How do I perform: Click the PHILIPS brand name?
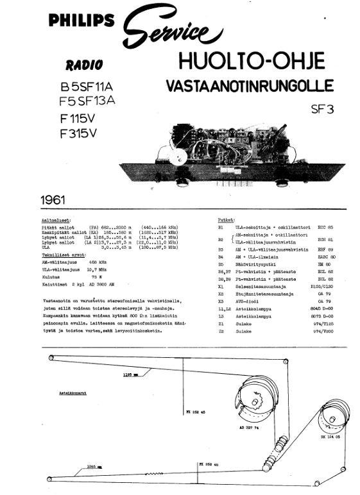pyautogui.click(x=80, y=21)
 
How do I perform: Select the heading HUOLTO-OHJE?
pyautogui.click(x=252, y=62)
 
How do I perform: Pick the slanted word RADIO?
pyautogui.click(x=83, y=64)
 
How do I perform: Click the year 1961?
pyautogui.click(x=53, y=199)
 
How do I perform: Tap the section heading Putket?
pyautogui.click(x=226, y=218)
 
